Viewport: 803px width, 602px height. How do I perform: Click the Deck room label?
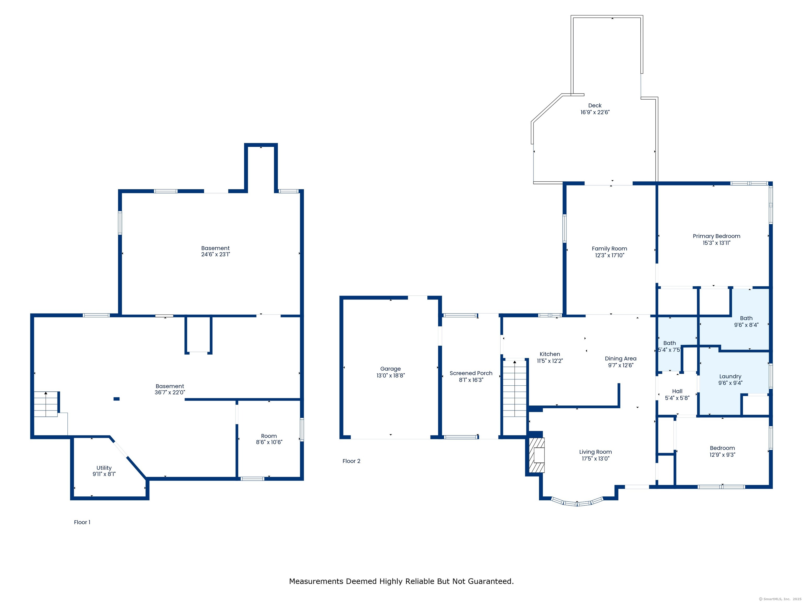point(595,106)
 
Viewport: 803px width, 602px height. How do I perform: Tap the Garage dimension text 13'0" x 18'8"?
point(390,375)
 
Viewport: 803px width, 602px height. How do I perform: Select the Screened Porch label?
point(471,373)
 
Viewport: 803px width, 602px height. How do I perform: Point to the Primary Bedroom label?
point(716,236)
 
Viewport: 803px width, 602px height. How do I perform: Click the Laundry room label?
point(730,376)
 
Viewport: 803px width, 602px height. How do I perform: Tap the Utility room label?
point(104,468)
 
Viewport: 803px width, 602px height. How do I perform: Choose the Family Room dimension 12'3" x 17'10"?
point(610,256)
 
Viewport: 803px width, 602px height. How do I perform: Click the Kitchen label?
point(550,354)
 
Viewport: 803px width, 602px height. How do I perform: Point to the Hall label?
point(677,391)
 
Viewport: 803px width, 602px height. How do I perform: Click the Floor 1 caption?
point(82,522)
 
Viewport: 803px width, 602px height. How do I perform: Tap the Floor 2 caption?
point(351,461)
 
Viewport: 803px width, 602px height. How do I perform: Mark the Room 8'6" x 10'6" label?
point(269,436)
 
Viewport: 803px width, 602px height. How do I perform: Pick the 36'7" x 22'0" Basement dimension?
point(170,392)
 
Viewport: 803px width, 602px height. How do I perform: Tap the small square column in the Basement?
point(117,399)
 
